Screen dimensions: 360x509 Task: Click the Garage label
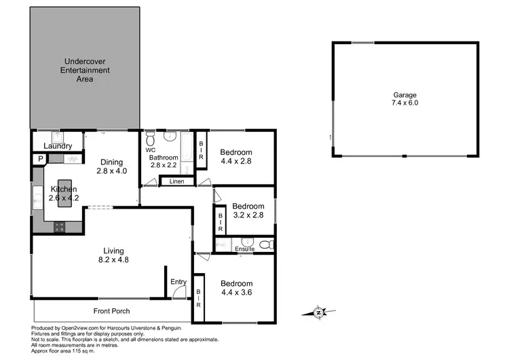(404, 95)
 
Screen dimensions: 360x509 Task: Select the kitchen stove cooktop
(59, 228)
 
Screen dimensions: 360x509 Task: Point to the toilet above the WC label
(151, 140)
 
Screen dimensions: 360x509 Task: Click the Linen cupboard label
(176, 181)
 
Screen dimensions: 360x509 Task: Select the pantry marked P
(40, 159)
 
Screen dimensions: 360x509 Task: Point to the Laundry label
(57, 146)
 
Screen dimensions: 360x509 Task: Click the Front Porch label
(112, 311)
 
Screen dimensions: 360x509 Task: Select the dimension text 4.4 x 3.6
(236, 293)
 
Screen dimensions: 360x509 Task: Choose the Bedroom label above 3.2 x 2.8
(248, 206)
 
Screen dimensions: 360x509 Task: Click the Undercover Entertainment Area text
(85, 70)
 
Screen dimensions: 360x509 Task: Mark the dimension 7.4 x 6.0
(404, 104)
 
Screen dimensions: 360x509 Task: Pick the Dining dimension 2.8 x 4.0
(112, 171)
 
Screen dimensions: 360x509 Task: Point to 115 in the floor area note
(80, 350)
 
